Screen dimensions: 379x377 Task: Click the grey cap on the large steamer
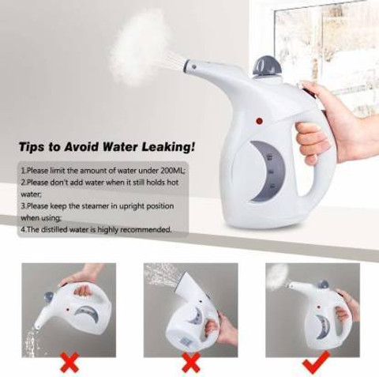coord(268,65)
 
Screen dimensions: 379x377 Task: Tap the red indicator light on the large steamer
coord(260,121)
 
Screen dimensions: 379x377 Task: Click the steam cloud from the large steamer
coord(140,47)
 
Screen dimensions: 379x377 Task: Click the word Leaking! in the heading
coord(169,147)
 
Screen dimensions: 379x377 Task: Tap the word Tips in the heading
coord(32,147)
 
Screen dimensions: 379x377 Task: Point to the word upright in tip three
coord(132,206)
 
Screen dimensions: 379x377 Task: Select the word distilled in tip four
coord(54,229)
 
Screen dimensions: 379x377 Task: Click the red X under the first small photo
coord(69,363)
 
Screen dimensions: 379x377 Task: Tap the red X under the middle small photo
coord(191,363)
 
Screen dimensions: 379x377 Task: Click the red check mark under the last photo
coord(316,363)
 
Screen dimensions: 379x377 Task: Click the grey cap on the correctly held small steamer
coord(324,285)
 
